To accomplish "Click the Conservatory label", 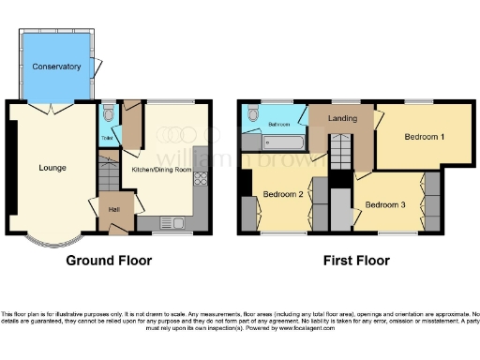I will coord(56,67).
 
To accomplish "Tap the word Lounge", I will coord(52,168).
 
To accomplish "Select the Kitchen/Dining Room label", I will coord(161,169).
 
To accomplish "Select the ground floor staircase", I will coord(109,175).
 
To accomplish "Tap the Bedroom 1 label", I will coord(424,137).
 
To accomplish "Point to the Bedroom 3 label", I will coord(384,204).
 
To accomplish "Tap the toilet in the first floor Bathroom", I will coord(252,117).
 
